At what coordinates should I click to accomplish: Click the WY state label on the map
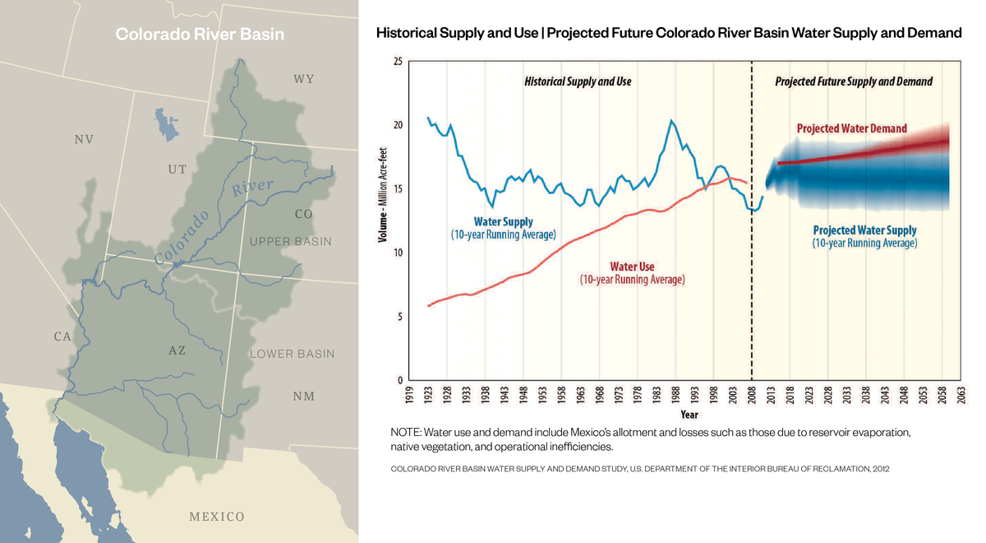point(304,79)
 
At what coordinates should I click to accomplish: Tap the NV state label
point(84,140)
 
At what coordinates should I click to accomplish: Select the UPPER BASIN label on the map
point(291,242)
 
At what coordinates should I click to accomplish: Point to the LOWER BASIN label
point(292,354)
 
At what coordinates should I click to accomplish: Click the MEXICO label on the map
point(217,517)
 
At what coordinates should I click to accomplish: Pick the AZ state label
point(177,350)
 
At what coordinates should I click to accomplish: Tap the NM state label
point(304,397)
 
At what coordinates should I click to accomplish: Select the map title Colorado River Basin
point(200,35)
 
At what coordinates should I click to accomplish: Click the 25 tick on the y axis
point(398,62)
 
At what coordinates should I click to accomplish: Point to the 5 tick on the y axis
point(400,317)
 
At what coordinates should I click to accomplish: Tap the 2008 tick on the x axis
point(753,395)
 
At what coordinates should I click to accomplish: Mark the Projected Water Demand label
point(851,128)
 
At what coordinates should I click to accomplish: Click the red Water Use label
point(632,267)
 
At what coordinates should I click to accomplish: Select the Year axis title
point(689,414)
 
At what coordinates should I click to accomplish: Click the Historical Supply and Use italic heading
point(578,82)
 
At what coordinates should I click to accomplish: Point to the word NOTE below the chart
point(405,432)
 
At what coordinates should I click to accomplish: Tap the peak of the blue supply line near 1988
point(671,121)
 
